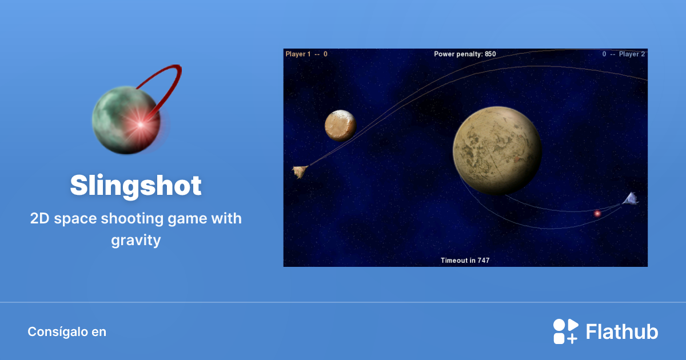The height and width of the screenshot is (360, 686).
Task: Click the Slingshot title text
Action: click(136, 186)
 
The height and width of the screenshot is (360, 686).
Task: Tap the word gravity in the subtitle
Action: click(136, 241)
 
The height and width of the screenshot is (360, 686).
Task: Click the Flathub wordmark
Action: click(622, 332)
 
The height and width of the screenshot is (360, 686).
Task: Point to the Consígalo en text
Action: click(67, 332)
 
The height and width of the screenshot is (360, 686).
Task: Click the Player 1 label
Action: click(298, 54)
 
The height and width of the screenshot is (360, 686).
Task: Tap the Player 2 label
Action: click(632, 54)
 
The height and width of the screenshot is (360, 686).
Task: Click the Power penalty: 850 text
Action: click(465, 54)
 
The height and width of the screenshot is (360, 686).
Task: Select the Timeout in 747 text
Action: click(465, 261)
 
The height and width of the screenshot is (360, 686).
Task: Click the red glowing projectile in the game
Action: click(597, 214)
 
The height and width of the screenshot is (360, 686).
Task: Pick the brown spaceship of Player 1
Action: click(300, 171)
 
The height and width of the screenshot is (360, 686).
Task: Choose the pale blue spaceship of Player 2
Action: click(630, 199)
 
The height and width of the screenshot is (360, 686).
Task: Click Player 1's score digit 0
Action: click(325, 54)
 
